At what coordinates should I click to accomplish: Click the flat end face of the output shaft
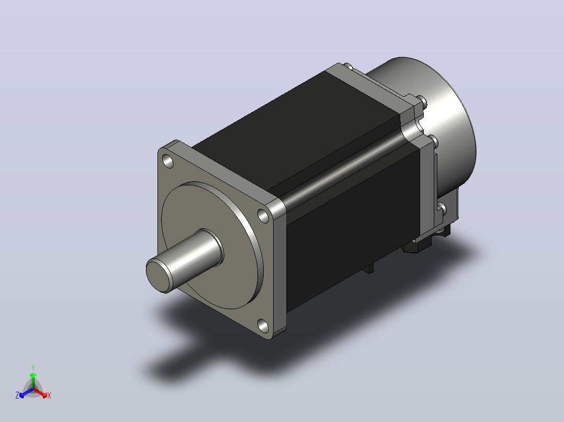(157, 276)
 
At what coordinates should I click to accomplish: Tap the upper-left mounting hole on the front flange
(168, 161)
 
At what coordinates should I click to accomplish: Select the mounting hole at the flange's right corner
(264, 216)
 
